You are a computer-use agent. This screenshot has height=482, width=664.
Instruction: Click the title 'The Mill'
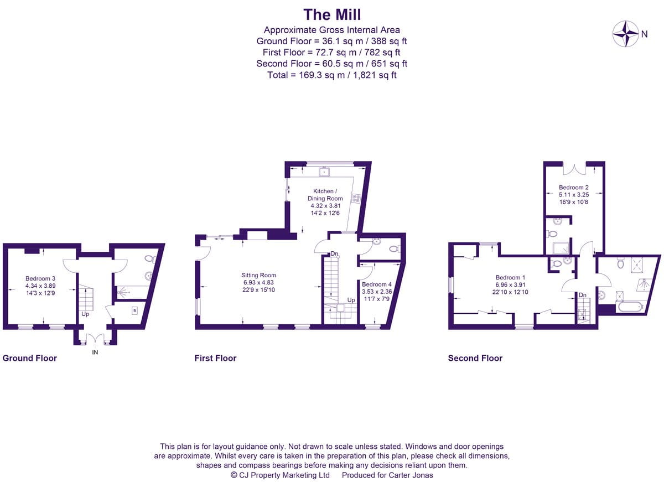(x=332, y=14)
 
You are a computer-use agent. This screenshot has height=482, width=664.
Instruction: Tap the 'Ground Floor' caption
(x=30, y=358)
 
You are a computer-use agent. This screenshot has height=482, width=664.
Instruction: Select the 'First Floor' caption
(x=215, y=358)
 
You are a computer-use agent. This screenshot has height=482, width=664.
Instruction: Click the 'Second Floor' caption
(x=475, y=358)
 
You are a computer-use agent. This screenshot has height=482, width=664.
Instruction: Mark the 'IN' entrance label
(x=95, y=353)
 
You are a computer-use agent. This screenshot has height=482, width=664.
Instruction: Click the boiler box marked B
(x=134, y=311)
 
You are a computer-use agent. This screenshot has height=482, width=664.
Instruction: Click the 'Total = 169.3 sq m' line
(x=332, y=75)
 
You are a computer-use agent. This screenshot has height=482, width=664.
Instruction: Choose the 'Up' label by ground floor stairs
(x=85, y=313)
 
